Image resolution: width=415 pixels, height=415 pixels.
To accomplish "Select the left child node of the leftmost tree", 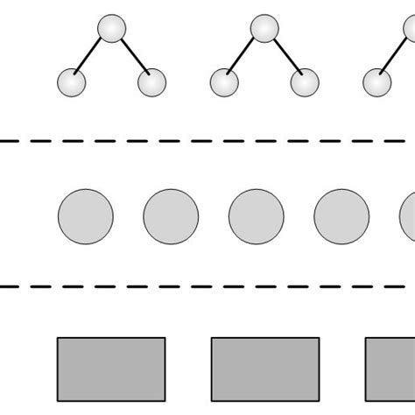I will pos(71,83).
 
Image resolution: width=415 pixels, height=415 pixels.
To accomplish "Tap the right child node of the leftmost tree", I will pos(151,83).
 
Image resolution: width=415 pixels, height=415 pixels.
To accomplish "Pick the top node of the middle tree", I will pos(264,29).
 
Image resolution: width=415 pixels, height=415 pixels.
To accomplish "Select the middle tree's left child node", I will pos(224,83).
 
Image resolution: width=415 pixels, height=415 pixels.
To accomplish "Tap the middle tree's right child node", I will pos(305,83).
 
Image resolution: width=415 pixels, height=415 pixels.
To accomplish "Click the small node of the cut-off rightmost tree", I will pos(377,83).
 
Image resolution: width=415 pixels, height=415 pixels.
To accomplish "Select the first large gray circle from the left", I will pos(85,215).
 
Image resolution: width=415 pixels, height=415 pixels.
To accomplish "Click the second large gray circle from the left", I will pos(171,215).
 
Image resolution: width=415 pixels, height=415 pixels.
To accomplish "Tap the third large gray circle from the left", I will pos(256,215).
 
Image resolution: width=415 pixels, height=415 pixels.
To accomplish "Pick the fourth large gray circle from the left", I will pos(341,215).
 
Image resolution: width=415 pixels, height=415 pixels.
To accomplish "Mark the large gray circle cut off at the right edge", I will pos(408,215).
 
